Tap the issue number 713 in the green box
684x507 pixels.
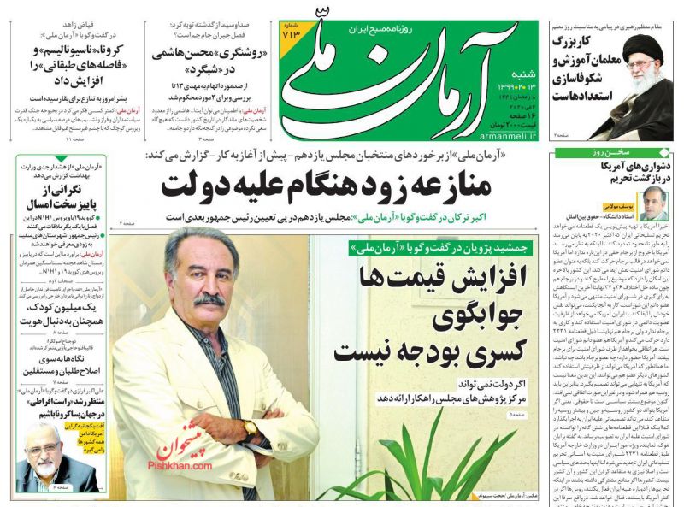(291, 35)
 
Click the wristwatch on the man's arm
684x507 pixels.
(250, 428)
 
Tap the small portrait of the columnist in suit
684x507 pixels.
(655, 202)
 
